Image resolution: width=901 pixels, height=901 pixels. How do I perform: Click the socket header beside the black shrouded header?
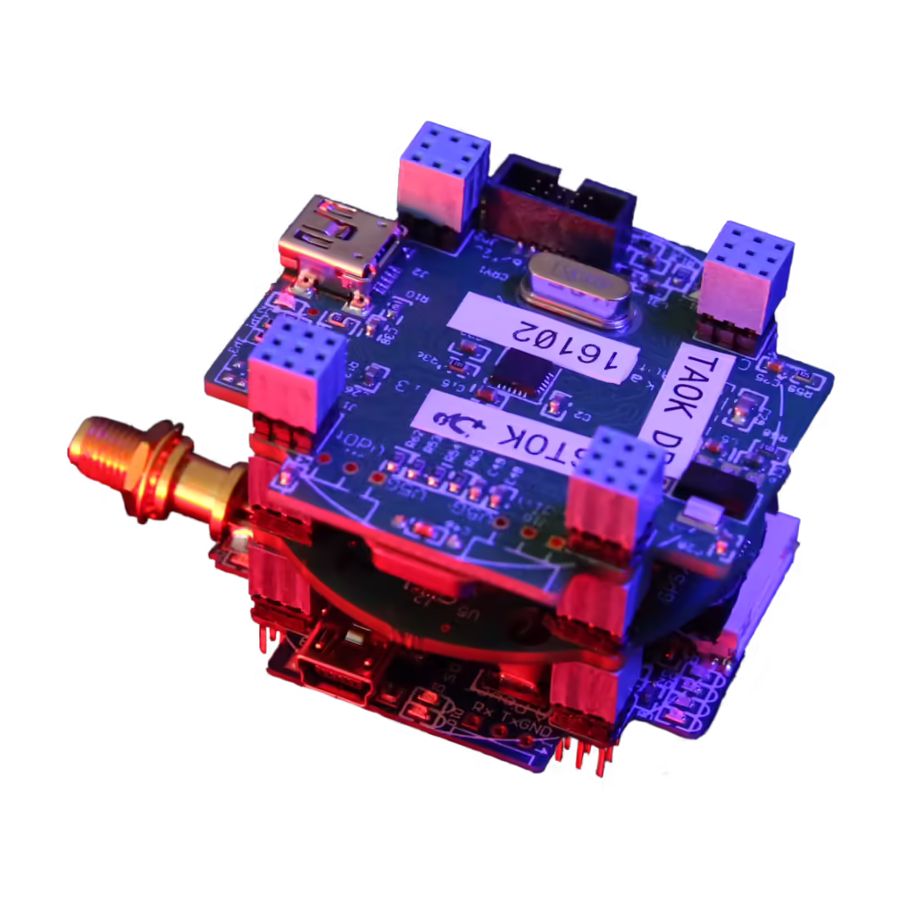click(441, 176)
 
